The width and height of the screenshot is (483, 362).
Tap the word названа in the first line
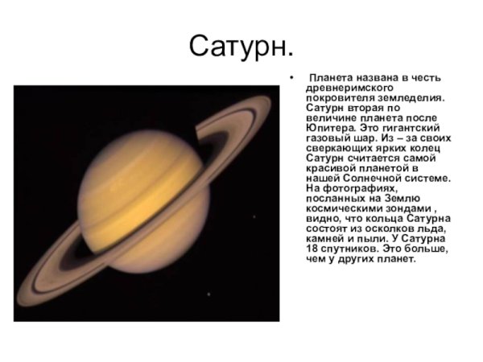380,78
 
